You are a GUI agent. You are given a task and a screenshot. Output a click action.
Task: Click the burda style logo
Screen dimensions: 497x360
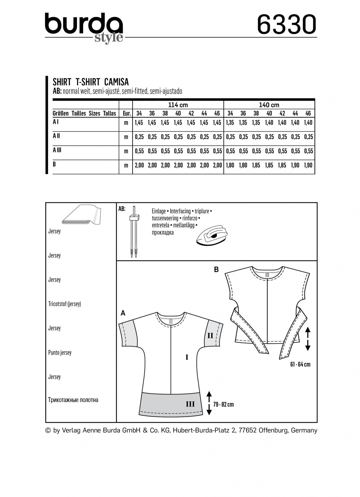tap(84, 27)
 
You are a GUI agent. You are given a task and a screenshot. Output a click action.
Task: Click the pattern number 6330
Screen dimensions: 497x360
tap(286, 25)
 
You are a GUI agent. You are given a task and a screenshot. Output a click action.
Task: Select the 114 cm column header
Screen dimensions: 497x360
tap(178, 105)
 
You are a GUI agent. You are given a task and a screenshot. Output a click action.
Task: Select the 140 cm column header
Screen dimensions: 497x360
tap(269, 105)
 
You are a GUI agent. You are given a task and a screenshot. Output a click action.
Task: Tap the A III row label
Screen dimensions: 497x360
tap(57, 150)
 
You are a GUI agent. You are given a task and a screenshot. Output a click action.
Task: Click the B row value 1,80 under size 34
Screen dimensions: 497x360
tap(230, 165)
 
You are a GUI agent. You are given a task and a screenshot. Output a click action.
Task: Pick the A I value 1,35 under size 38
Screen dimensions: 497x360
tap(256, 123)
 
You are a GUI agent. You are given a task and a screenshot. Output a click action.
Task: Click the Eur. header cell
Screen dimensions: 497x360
tap(126, 113)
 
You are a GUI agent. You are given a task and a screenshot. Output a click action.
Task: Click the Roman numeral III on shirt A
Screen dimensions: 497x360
tap(190, 404)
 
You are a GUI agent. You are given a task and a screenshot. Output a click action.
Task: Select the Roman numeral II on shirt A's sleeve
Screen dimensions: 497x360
tap(210, 335)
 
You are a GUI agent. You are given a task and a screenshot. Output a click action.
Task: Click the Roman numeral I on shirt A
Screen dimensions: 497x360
tap(187, 357)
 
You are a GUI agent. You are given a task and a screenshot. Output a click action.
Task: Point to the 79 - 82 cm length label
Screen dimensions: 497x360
tap(223, 404)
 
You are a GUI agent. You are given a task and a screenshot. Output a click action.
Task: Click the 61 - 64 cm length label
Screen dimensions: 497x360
tap(300, 364)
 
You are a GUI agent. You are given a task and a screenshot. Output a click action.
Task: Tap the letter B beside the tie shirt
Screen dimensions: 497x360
tap(216, 270)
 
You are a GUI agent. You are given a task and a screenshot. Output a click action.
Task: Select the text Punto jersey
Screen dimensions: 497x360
tap(60, 353)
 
